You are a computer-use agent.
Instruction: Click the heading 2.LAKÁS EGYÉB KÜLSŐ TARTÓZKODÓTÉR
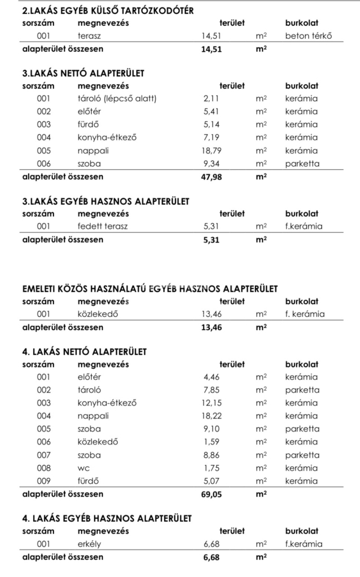coord(108,11)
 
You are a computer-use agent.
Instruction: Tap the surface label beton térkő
coord(308,36)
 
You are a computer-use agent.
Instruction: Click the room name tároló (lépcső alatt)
coord(117,99)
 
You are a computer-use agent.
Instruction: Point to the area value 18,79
coord(213,151)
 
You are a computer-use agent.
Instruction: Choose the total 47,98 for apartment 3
coord(212,177)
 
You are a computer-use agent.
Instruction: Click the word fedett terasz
coord(103,227)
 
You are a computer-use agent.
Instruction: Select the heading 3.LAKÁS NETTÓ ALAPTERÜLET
coord(83,73)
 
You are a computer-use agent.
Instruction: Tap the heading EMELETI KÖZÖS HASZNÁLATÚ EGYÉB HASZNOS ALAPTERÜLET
coord(150,289)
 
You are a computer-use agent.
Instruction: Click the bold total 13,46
coord(212,327)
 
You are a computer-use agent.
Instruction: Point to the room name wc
coord(84,468)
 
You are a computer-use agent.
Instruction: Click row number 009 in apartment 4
coord(43,481)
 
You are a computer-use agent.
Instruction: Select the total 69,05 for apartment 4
coord(212,494)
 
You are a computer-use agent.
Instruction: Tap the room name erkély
coord(89,544)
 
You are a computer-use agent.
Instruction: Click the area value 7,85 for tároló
coord(214,390)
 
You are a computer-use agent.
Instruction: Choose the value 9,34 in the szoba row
coord(214,164)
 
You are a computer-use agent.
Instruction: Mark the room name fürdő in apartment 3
coord(88,125)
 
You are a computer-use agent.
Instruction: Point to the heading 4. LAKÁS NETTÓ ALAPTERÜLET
coord(84,352)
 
